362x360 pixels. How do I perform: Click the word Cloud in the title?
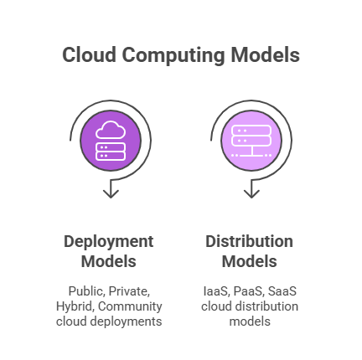pyautogui.click(x=88, y=56)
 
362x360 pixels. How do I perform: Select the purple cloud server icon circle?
pyautogui.click(x=110, y=141)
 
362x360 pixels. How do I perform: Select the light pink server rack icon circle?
pyautogui.click(x=250, y=141)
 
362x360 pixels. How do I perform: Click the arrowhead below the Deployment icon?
pyautogui.click(x=110, y=193)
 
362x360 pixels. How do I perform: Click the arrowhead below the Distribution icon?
pyautogui.click(x=250, y=193)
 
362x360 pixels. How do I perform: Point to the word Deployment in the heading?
pyautogui.click(x=109, y=242)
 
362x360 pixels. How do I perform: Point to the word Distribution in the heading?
pyautogui.click(x=250, y=242)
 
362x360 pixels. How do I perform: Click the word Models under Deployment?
pyautogui.click(x=109, y=261)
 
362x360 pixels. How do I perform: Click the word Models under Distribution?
pyautogui.click(x=250, y=261)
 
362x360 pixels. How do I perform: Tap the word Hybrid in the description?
pyautogui.click(x=72, y=306)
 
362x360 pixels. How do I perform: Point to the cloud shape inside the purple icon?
pyautogui.click(x=110, y=130)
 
